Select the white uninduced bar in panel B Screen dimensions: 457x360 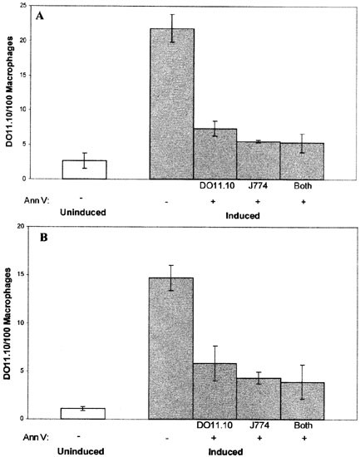pyautogui.click(x=84, y=413)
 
